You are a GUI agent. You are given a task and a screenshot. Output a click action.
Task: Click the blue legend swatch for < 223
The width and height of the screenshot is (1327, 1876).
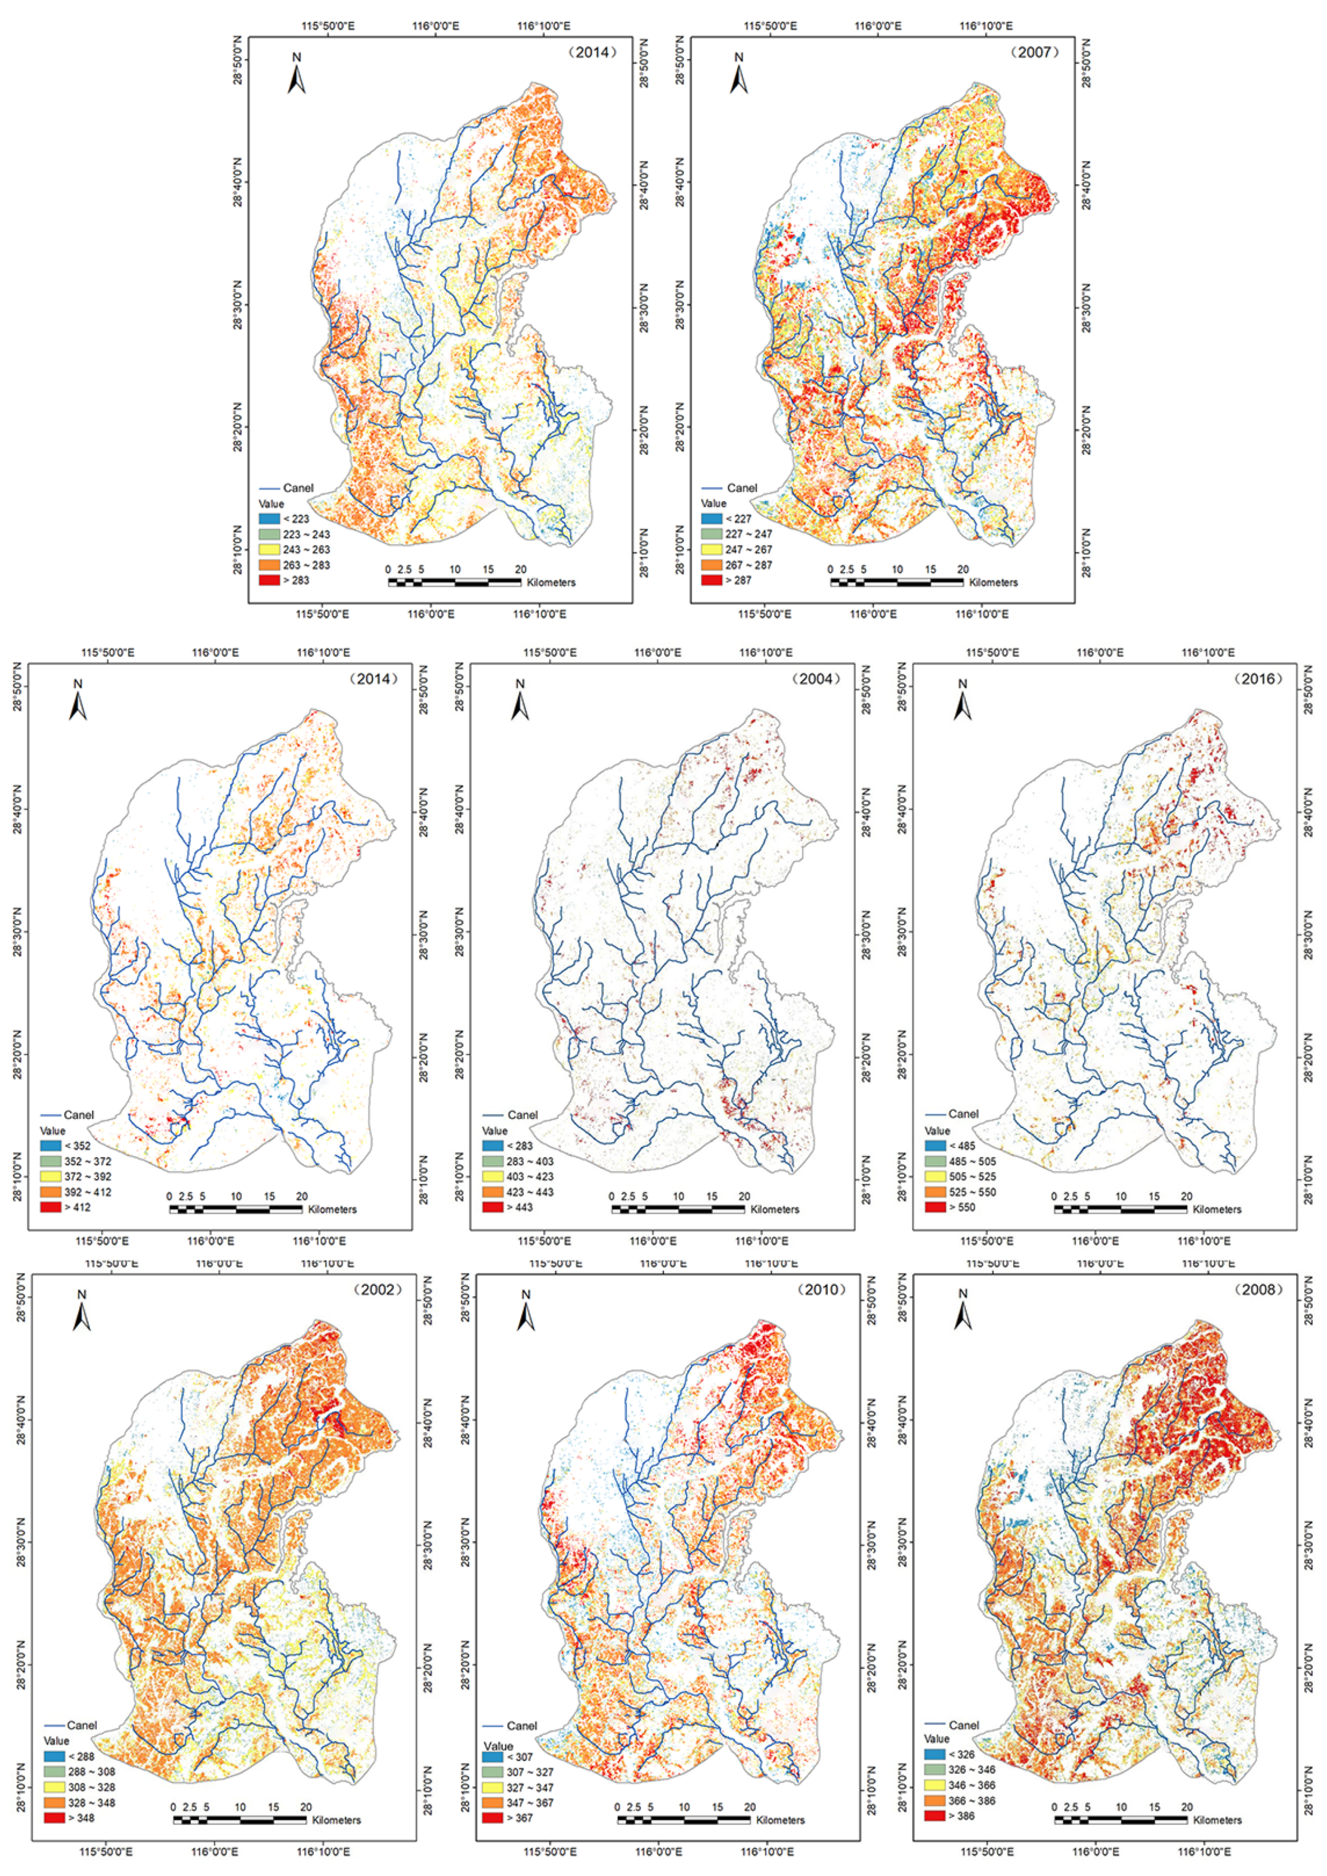point(269,518)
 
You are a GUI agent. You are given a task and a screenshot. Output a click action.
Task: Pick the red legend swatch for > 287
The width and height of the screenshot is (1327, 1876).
point(712,580)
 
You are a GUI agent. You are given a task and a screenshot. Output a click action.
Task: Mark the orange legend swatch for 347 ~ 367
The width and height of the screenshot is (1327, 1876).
point(492,1802)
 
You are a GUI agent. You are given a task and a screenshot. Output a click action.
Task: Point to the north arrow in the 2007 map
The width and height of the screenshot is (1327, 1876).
point(739,74)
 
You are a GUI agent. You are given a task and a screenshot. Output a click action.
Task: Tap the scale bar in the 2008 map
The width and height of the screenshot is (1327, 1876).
point(1120,1820)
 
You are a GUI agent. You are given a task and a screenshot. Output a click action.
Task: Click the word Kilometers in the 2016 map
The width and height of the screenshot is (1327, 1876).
point(1217,1209)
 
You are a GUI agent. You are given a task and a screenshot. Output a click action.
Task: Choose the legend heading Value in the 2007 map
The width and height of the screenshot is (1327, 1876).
point(713,504)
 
